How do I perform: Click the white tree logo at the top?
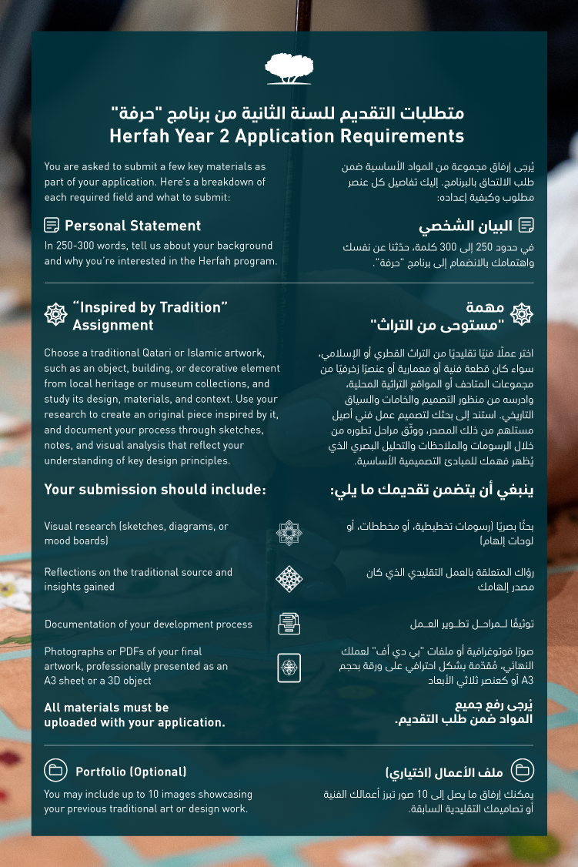[x=289, y=69]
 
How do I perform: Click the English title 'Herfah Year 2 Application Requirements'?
[x=287, y=136]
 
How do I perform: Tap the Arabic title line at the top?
[x=287, y=113]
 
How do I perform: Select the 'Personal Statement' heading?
[x=132, y=226]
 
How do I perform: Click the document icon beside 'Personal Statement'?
[x=52, y=226]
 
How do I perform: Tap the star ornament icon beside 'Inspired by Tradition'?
[x=55, y=314]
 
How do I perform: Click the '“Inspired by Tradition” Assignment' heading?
[x=150, y=316]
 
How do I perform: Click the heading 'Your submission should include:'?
[x=155, y=490]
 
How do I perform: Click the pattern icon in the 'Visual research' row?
[x=289, y=533]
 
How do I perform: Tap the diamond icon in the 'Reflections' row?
[x=289, y=579]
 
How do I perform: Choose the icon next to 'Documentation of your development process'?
[x=289, y=624]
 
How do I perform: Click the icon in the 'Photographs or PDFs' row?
[x=289, y=667]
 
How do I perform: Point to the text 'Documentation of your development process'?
[x=149, y=624]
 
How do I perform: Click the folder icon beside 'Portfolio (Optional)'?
[x=55, y=771]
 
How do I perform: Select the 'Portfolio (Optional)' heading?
[x=131, y=772]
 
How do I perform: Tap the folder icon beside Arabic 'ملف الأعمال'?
[x=523, y=771]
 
